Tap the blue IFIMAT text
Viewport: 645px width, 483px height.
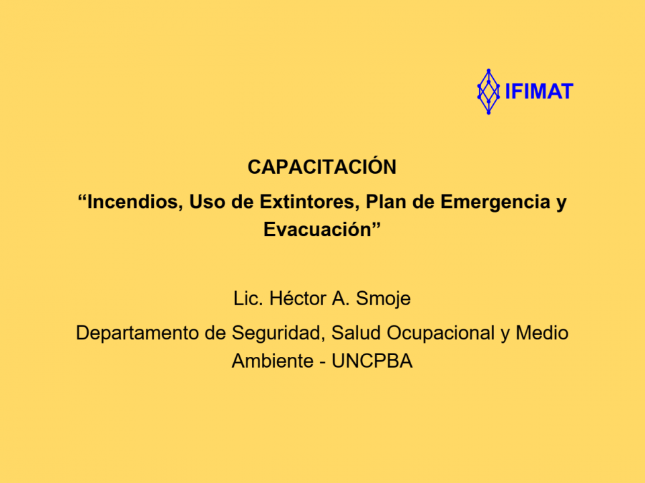539,91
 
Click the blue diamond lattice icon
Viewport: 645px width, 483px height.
488,92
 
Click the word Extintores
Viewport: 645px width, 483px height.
309,202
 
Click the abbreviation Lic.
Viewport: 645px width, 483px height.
248,298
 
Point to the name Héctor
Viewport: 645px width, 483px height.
298,298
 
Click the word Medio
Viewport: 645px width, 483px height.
542,333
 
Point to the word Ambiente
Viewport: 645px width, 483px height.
273,362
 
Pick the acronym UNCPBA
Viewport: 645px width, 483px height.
372,362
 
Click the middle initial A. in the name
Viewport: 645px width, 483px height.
341,298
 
